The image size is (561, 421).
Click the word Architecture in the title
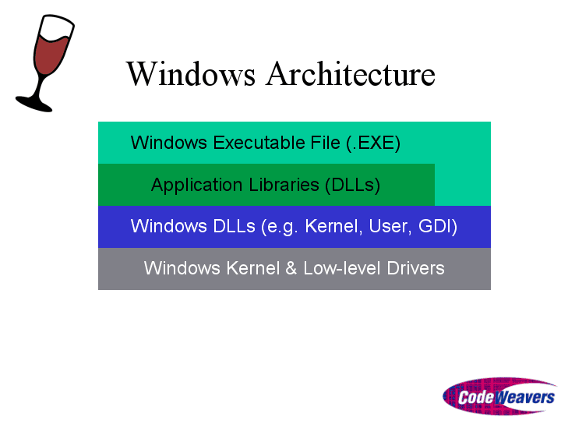click(x=351, y=74)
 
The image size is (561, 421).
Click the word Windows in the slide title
click(x=191, y=74)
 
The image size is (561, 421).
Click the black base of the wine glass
click(x=34, y=104)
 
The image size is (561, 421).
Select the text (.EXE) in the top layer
click(x=373, y=143)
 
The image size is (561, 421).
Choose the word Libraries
click(x=284, y=185)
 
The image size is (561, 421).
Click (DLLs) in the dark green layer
click(x=352, y=185)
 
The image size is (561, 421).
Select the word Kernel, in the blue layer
click(x=333, y=227)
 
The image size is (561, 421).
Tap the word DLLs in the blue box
click(x=234, y=226)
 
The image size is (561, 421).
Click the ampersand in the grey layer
click(x=291, y=268)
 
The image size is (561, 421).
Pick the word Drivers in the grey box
click(x=416, y=268)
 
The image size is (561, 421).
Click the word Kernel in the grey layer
click(x=252, y=268)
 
